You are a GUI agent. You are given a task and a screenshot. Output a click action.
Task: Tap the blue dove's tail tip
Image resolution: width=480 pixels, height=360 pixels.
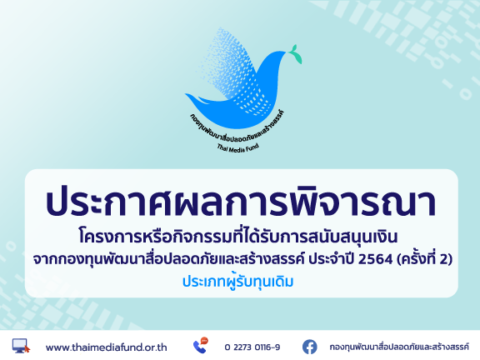coord(186,94)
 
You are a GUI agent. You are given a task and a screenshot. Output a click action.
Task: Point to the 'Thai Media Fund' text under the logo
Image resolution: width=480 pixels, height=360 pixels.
coord(238,148)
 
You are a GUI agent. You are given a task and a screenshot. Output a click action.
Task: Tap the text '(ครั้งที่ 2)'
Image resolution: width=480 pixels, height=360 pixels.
coord(425,259)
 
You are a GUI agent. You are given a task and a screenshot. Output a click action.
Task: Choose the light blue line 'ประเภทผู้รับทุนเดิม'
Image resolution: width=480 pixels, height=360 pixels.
coord(237,282)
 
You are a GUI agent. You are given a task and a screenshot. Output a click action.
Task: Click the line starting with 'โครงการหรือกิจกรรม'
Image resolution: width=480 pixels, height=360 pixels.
coord(238,237)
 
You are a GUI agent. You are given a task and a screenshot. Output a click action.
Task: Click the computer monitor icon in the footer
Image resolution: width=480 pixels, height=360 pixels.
coord(21,346)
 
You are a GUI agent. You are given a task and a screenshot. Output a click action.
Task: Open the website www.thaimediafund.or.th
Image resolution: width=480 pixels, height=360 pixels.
coord(106,347)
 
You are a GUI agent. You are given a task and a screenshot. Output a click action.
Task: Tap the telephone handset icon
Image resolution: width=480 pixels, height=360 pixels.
coord(200,347)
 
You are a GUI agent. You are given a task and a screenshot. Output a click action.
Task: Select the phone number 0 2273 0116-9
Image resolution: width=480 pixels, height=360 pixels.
coord(252,347)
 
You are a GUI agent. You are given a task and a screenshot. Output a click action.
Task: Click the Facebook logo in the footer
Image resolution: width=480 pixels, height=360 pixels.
coord(310,347)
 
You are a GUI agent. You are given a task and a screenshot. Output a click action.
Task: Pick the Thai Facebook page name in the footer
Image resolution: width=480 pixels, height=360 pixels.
coord(399,347)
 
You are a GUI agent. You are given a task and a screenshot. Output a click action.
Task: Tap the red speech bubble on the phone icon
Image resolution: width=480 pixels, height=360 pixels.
coord(204,340)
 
